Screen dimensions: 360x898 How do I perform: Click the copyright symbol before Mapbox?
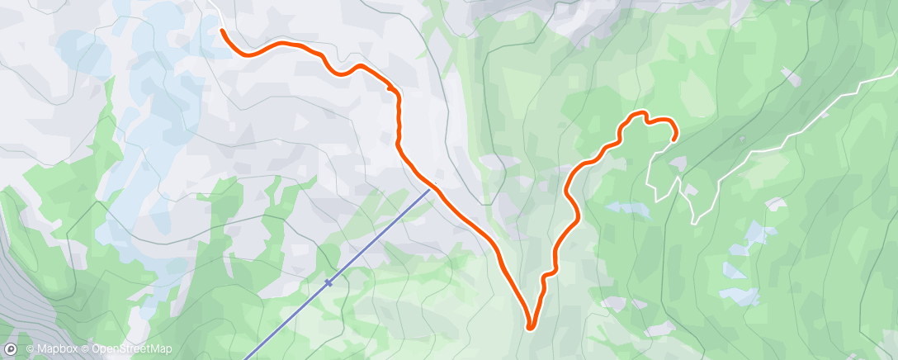point(30,349)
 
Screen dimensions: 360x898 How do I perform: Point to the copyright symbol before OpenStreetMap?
point(86,349)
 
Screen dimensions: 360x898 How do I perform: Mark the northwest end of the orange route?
point(223,31)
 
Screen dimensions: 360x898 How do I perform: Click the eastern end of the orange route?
point(674,139)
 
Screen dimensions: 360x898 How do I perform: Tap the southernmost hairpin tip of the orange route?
point(529,327)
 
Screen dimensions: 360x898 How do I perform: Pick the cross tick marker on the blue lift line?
point(328,283)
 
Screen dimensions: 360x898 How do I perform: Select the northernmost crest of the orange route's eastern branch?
point(638,113)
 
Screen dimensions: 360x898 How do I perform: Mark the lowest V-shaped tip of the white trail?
point(695,222)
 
